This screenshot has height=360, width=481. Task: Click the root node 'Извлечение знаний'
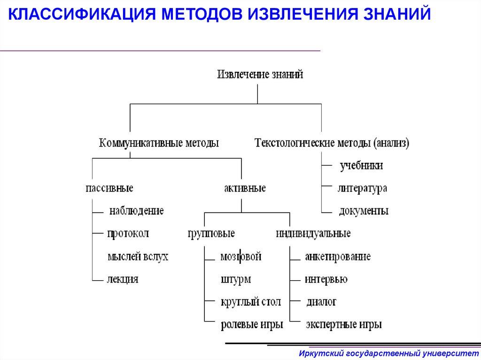click(x=260, y=75)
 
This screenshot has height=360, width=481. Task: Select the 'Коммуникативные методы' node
click(x=159, y=143)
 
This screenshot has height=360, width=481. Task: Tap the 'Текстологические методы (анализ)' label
click(x=332, y=143)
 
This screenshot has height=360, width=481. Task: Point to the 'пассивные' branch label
click(x=109, y=188)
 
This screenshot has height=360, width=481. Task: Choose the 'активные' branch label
click(x=245, y=188)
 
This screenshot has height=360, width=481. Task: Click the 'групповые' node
click(x=211, y=233)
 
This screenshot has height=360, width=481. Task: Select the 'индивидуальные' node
click(x=313, y=233)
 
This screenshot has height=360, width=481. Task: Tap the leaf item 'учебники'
click(x=361, y=166)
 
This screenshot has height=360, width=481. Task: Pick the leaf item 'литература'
click(x=362, y=188)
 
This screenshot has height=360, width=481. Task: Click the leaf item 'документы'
click(x=364, y=211)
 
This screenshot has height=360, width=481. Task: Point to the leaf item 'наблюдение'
click(x=136, y=211)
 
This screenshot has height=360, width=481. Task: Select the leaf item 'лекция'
click(x=123, y=279)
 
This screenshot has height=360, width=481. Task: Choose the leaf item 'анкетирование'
click(x=338, y=257)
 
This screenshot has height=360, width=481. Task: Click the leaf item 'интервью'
click(x=326, y=279)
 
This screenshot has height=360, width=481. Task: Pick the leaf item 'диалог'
click(x=321, y=302)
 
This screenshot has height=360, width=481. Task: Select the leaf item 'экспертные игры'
click(x=343, y=324)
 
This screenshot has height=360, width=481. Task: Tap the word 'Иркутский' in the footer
click(x=320, y=352)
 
